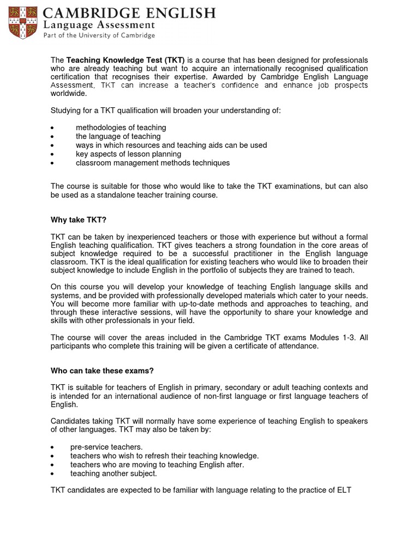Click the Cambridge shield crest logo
pyautogui.click(x=20, y=21)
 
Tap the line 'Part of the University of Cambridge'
pyautogui.click(x=99, y=35)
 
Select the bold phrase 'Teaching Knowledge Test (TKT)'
pyautogui.click(x=125, y=59)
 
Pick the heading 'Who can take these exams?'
pyautogui.click(x=102, y=371)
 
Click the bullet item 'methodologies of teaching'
pyautogui.click(x=121, y=128)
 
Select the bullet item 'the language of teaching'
pyautogui.click(x=118, y=136)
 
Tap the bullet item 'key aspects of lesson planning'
pyautogui.click(x=128, y=154)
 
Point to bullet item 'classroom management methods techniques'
pyautogui.click(x=153, y=163)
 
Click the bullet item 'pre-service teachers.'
pyautogui.click(x=106, y=447)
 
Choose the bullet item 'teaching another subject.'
pyautogui.click(x=113, y=474)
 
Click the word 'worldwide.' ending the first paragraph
pyautogui.click(x=68, y=94)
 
